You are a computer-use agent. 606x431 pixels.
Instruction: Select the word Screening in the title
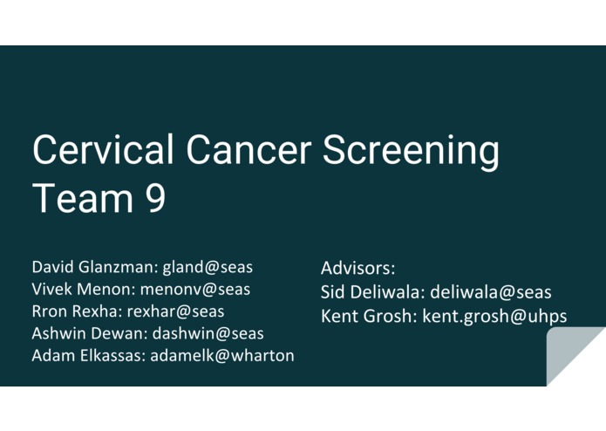412,152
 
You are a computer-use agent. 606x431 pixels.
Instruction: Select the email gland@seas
208,267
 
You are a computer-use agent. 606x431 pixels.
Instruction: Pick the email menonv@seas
193,289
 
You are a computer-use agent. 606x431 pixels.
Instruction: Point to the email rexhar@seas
175,311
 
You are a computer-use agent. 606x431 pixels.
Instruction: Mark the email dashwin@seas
208,333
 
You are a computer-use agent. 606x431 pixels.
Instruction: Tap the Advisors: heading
357,268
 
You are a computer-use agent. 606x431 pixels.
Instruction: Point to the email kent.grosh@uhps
494,316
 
